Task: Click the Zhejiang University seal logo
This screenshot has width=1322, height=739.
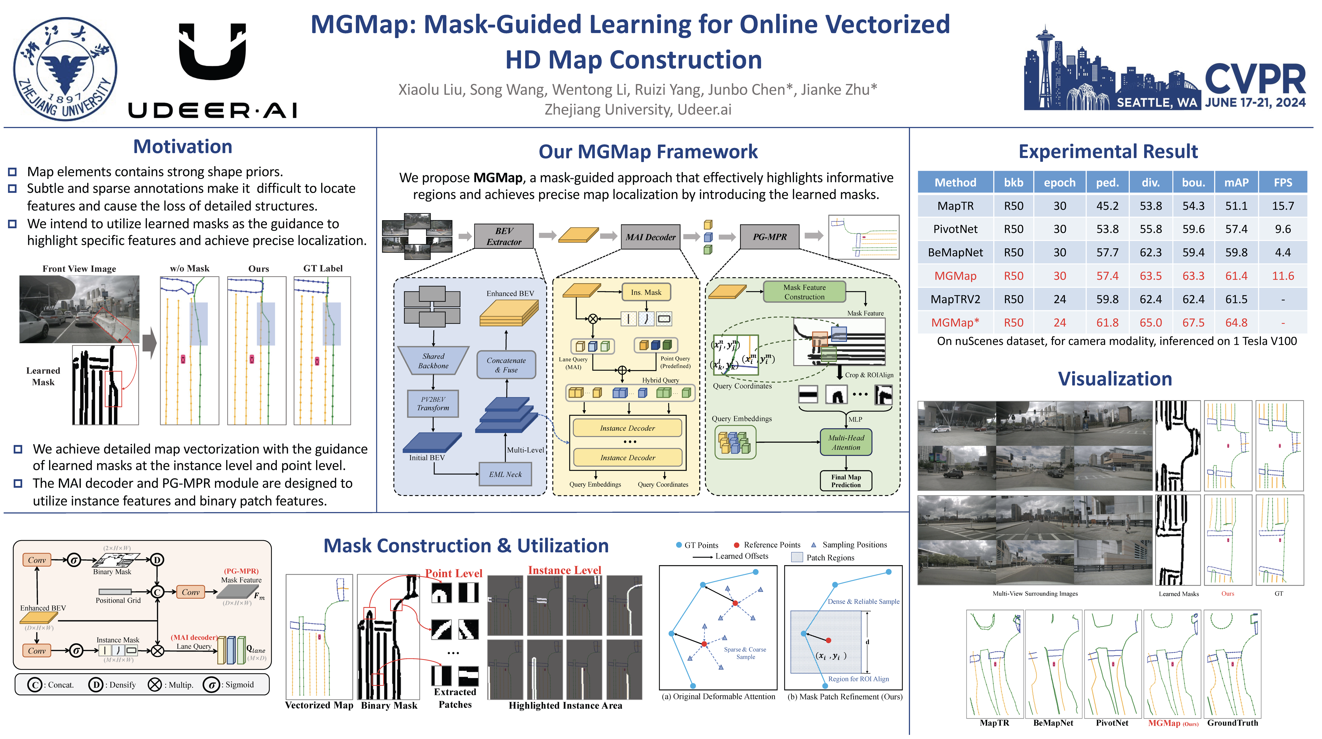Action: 65,69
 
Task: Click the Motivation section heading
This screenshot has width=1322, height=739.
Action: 183,147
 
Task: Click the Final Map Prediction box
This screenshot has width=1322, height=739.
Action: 846,481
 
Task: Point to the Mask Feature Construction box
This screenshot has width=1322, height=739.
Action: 804,292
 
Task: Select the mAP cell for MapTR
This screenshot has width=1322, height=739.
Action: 1236,206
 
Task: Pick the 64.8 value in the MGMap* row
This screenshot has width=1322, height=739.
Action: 1236,323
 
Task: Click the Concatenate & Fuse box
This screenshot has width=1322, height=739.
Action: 506,365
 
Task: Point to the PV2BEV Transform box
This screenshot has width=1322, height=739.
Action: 433,403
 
